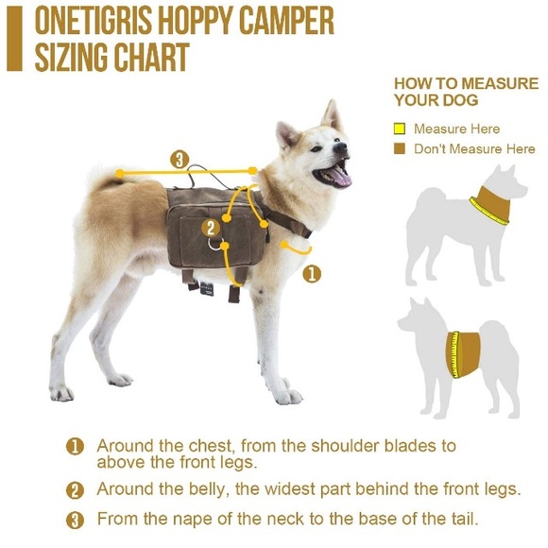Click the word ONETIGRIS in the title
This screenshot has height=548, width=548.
94,21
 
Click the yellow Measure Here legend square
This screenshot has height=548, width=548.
399,128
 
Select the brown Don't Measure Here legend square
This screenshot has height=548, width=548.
399,148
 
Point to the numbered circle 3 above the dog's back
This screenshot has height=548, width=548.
180,160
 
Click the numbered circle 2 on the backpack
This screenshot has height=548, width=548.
211,229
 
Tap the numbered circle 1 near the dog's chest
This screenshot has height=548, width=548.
312,274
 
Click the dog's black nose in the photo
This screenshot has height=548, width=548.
340,147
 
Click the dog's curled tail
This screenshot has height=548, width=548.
109,179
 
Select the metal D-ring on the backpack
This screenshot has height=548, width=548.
214,244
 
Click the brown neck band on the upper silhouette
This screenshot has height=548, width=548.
491,204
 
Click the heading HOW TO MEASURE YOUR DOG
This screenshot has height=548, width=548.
466,92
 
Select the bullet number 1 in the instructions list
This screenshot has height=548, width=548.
75,447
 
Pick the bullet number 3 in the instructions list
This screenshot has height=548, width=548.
75,521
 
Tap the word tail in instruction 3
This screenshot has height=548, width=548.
463,519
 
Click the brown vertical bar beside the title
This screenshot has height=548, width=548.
14,39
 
